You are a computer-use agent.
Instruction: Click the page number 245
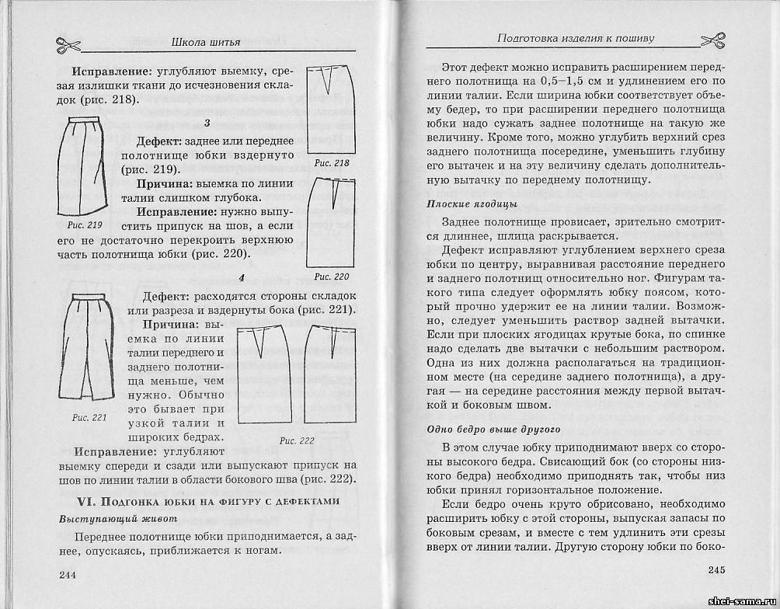coord(716,569)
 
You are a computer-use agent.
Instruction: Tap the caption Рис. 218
coord(332,164)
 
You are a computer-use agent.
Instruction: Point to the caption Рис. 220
coord(332,277)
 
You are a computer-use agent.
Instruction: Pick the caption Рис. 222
coord(297,440)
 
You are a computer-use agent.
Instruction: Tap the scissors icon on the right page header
coord(712,39)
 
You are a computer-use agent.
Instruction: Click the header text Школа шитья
coord(205,41)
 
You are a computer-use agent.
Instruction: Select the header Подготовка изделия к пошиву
coord(575,38)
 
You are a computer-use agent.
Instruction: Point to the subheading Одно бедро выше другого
coord(494,429)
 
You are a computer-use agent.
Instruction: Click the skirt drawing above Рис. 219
coord(85,165)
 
